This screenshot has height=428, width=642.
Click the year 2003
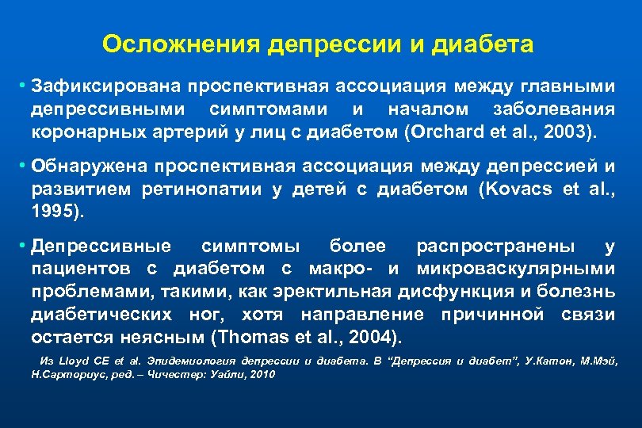(555, 130)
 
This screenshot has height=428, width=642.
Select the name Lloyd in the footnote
(71, 361)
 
